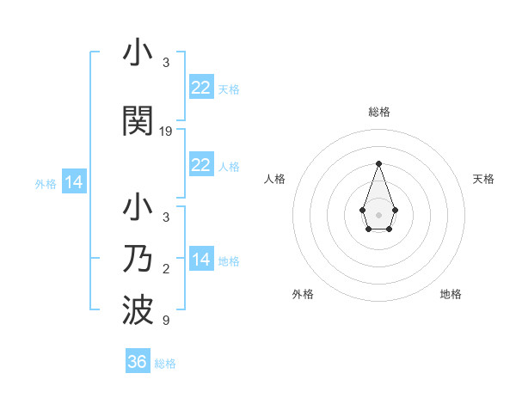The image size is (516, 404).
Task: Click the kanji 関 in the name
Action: [138, 120]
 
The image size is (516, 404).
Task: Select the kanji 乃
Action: [138, 259]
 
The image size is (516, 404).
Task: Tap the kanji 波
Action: [138, 309]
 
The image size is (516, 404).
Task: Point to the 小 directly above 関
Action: [138, 53]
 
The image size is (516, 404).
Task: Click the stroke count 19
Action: [166, 132]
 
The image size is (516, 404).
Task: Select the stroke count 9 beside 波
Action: [166, 321]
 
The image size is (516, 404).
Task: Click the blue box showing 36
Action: [138, 362]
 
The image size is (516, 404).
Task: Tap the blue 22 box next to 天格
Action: [200, 88]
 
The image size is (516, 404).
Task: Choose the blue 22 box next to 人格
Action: [200, 165]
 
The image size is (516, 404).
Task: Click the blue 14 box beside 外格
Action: [73, 182]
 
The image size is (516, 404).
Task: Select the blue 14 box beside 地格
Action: [200, 260]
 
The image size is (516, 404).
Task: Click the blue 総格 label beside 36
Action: [165, 364]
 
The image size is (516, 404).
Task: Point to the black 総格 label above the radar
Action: [378, 112]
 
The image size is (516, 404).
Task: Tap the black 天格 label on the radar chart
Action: [483, 179]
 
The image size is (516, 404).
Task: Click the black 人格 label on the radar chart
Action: [274, 179]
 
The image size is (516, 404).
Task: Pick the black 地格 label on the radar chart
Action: [451, 295]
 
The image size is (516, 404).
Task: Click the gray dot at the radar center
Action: [378, 213]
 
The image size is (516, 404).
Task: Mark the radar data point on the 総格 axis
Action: [378, 162]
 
